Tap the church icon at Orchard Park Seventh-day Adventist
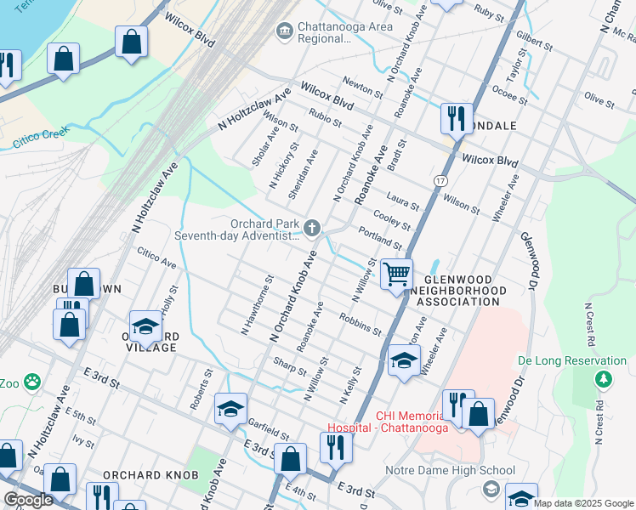pyautogui.click(x=313, y=227)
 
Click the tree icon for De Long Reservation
pyautogui.click(x=603, y=379)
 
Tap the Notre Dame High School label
pyautogui.click(x=450, y=470)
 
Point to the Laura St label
pyautogui.click(x=403, y=201)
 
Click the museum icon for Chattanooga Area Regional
pyautogui.click(x=285, y=31)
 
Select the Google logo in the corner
pyautogui.click(x=29, y=500)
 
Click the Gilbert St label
pyautogui.click(x=534, y=41)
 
